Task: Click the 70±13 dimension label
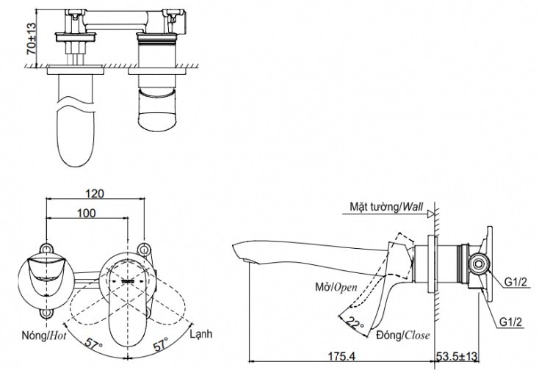coord(29,39)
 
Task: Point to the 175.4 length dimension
coord(336,355)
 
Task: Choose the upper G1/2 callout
coord(516,279)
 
